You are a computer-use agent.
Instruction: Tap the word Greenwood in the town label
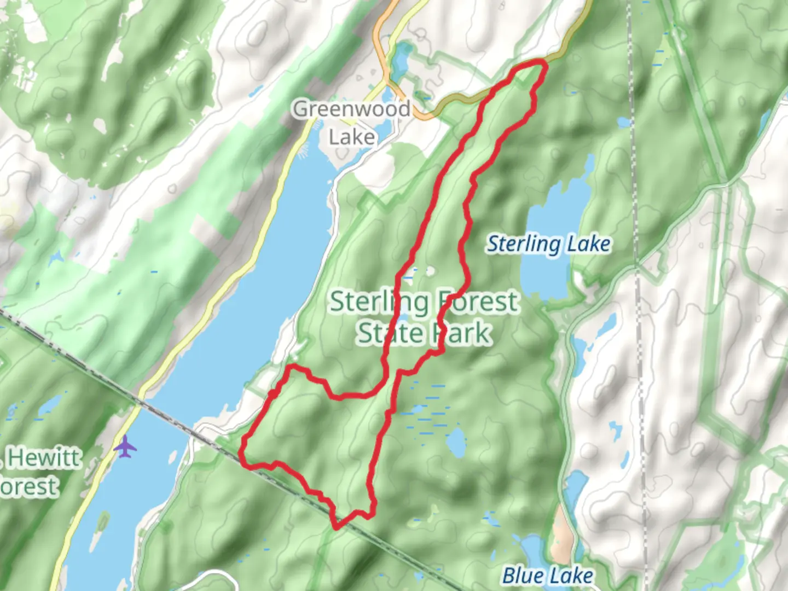tap(351, 109)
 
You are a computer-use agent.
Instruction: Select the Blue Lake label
tap(547, 576)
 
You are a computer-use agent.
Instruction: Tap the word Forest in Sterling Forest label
tap(477, 302)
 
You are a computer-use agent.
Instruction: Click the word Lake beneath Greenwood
tap(351, 137)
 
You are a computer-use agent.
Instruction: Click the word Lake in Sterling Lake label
tap(588, 244)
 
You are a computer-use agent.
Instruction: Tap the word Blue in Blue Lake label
tap(523, 576)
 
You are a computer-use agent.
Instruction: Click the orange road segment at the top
tap(379, 38)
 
